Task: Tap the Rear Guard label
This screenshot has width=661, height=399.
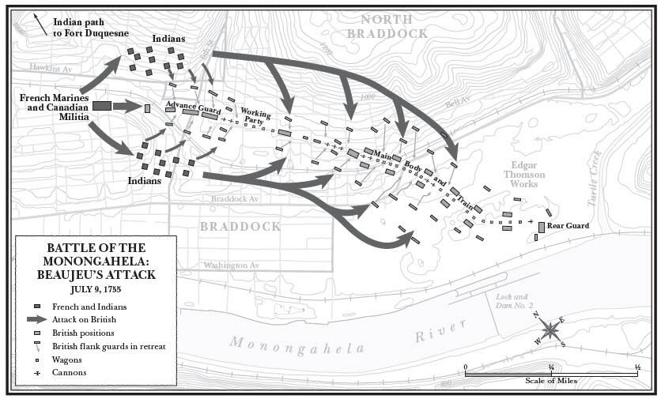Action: click(x=568, y=226)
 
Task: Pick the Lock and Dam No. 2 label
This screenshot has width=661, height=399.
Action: click(x=515, y=300)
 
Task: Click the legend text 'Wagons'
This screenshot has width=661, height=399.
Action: click(x=67, y=359)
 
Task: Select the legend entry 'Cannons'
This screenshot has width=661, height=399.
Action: click(x=69, y=372)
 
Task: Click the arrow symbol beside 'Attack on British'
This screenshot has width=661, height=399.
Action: click(x=37, y=319)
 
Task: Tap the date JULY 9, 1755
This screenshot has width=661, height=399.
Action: click(x=94, y=289)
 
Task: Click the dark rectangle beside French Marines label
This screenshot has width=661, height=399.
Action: click(x=101, y=106)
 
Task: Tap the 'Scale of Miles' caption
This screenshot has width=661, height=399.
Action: click(x=551, y=380)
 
